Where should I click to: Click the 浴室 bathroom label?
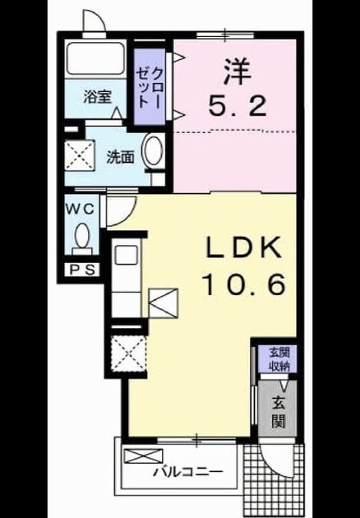tap(97, 97)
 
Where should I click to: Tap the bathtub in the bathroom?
tap(96, 58)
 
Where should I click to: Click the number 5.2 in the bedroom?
tap(238, 104)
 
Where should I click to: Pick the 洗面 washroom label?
tap(120, 158)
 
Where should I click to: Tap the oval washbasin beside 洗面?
tap(154, 151)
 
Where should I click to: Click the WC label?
tap(81, 209)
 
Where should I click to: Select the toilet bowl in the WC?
tap(81, 236)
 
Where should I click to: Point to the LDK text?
tap(244, 247)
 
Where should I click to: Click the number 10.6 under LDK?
tap(244, 284)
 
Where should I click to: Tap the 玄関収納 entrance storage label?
tap(279, 359)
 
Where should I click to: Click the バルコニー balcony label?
tap(187, 471)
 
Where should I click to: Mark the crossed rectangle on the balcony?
tap(143, 456)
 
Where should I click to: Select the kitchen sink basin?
tap(126, 255)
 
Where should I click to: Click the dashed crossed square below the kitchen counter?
tap(128, 354)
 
